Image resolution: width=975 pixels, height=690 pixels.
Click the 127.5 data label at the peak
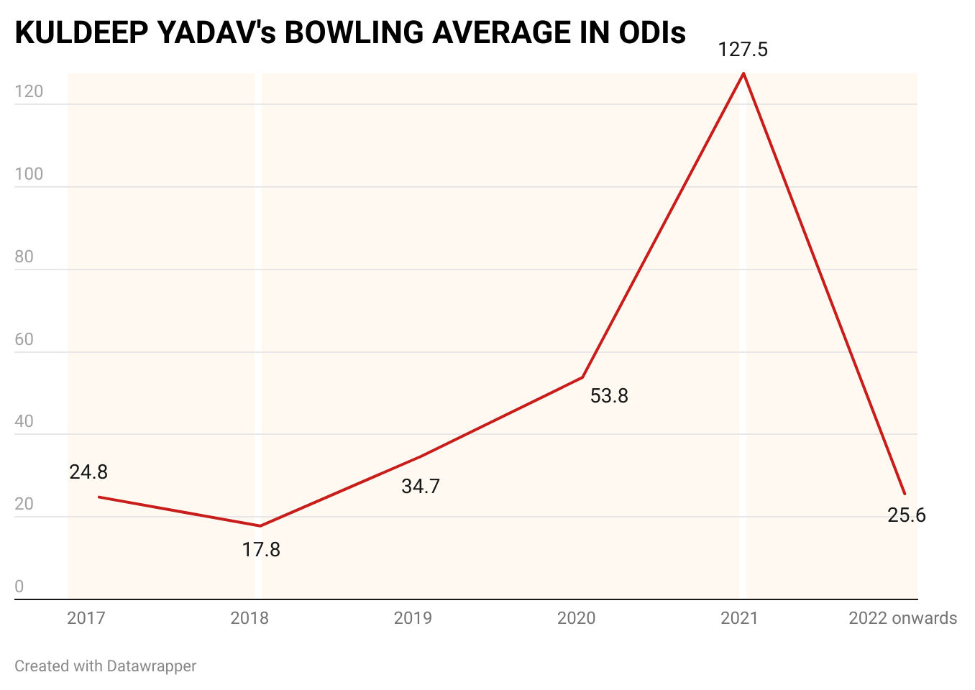pyautogui.click(x=743, y=50)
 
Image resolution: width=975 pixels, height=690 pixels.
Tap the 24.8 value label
pyautogui.click(x=88, y=472)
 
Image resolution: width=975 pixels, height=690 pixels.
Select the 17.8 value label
pyautogui.click(x=261, y=550)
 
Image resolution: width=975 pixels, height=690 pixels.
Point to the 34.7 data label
pyautogui.click(x=421, y=487)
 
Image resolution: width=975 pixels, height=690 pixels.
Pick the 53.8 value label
pyautogui.click(x=609, y=396)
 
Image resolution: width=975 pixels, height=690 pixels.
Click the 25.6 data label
pyautogui.click(x=907, y=515)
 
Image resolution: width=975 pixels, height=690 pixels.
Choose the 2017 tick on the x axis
pyautogui.click(x=86, y=618)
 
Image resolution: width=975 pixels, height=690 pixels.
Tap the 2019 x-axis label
pyautogui.click(x=413, y=618)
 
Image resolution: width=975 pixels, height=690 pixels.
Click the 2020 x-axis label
pyautogui.click(x=577, y=618)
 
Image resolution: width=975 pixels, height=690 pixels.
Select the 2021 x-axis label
pyautogui.click(x=739, y=618)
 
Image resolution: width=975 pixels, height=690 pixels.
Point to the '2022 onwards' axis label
pyautogui.click(x=902, y=618)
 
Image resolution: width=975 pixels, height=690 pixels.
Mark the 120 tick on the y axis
pyautogui.click(x=29, y=92)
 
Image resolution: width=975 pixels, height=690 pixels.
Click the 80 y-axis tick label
pyautogui.click(x=24, y=257)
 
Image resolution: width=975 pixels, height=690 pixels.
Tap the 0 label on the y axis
pyautogui.click(x=19, y=587)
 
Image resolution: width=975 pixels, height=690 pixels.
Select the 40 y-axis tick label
pyautogui.click(x=24, y=422)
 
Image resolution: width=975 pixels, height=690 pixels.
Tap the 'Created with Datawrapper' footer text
pyautogui.click(x=106, y=666)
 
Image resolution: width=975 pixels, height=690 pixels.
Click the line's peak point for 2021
pyautogui.click(x=743, y=73)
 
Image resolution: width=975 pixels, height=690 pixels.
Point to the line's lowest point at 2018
pyautogui.click(x=260, y=526)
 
